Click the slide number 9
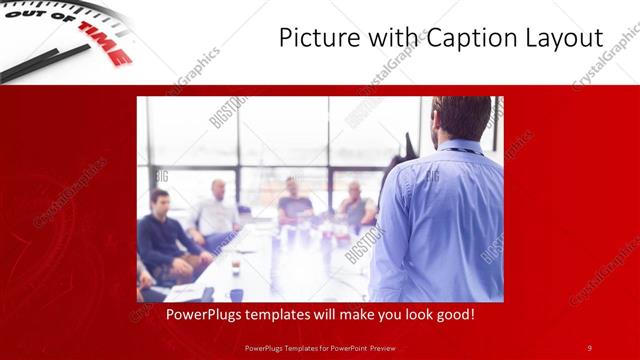point(589,347)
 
